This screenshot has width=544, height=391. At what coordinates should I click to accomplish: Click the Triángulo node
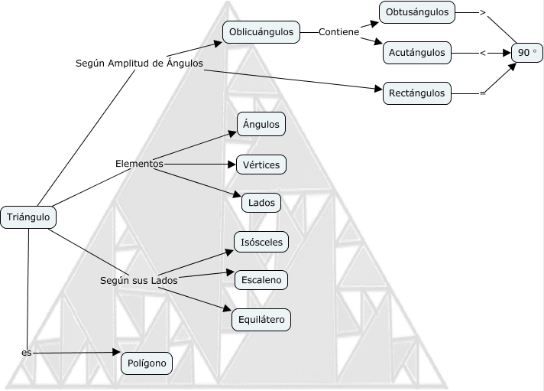[28, 217]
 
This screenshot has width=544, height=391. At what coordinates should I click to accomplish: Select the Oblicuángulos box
[261, 32]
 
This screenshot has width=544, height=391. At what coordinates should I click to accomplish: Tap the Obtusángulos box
[416, 11]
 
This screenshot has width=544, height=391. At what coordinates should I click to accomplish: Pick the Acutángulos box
[416, 53]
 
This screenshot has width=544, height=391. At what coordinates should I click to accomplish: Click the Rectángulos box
[416, 93]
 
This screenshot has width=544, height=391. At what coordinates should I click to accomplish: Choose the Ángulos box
[261, 124]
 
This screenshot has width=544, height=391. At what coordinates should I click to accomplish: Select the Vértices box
[261, 165]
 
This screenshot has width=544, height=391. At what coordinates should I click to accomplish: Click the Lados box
[261, 203]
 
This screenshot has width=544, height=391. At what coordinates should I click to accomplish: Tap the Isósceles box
[261, 243]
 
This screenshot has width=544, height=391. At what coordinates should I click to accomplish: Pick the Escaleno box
[261, 280]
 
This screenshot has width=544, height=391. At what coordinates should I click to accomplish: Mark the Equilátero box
[261, 320]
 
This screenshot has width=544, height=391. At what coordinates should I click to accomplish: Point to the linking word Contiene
[339, 33]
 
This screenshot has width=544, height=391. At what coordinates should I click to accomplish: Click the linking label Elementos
[139, 163]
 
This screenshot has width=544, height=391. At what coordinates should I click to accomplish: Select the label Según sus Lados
[139, 281]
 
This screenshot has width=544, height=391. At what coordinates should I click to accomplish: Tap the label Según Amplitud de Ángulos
[139, 63]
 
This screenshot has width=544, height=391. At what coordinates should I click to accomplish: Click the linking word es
[27, 353]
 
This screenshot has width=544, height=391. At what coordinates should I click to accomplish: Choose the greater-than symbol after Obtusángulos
[482, 12]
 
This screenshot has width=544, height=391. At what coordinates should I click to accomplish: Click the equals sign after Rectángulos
[482, 93]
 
